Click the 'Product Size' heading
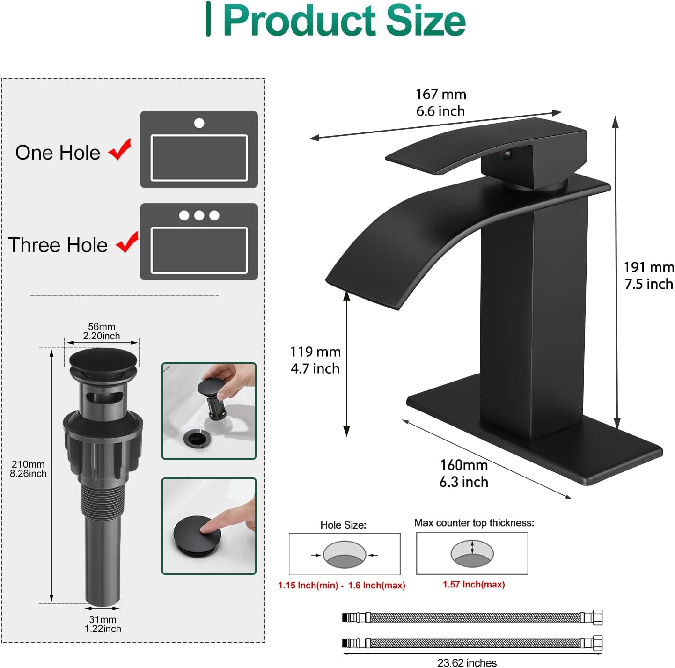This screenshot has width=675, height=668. [x=344, y=21]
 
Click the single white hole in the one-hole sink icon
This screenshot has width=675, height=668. [x=199, y=123]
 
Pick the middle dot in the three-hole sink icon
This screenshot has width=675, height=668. [x=199, y=215]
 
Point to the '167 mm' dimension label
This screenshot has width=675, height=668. [x=440, y=95]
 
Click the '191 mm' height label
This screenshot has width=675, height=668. [x=648, y=267]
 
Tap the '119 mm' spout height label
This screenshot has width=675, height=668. [x=315, y=352]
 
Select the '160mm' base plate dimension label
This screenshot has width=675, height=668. [x=463, y=465]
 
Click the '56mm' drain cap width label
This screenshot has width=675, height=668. [x=102, y=327]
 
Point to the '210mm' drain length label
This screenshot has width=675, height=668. [x=28, y=464]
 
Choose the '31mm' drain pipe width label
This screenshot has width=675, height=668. [x=103, y=619]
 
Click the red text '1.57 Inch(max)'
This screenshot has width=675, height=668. [x=474, y=584]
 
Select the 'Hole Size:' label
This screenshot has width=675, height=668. [x=343, y=525]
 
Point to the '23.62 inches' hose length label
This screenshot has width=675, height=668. [x=467, y=662]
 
